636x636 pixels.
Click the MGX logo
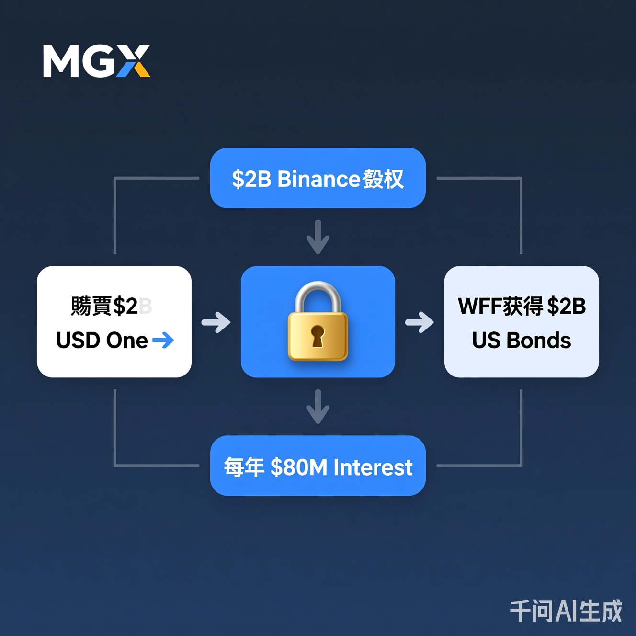point(96,61)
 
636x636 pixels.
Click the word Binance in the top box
point(318,179)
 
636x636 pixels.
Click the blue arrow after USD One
point(163,341)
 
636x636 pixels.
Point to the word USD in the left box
point(78,341)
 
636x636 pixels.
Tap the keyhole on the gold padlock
point(317,335)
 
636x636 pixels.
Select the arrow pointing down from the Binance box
point(318,237)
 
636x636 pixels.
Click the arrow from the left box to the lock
point(216,322)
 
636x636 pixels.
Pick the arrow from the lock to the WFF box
point(420,322)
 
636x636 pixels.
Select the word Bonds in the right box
point(539,341)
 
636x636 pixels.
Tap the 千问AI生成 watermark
point(566,611)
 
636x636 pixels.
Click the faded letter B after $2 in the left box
point(145,307)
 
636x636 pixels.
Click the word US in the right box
point(486,341)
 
